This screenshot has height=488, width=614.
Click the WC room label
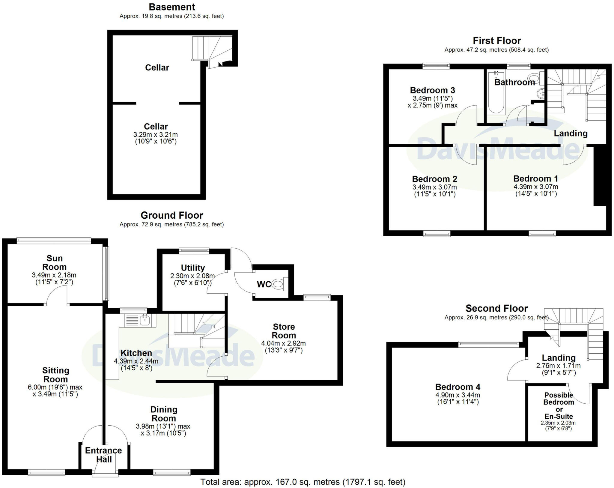[264, 284]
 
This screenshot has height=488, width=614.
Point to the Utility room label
[193, 268]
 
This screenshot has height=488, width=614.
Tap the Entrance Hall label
[103, 455]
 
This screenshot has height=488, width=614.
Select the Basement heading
[172, 7]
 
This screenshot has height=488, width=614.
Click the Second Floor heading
[496, 308]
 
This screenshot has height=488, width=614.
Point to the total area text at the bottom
[303, 482]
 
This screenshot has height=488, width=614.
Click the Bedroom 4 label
[458, 387]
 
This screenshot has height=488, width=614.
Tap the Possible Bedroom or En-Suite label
[559, 406]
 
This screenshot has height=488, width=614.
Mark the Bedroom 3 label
[432, 90]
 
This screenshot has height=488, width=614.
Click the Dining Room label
[164, 414]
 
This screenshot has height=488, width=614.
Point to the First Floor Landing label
[570, 133]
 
